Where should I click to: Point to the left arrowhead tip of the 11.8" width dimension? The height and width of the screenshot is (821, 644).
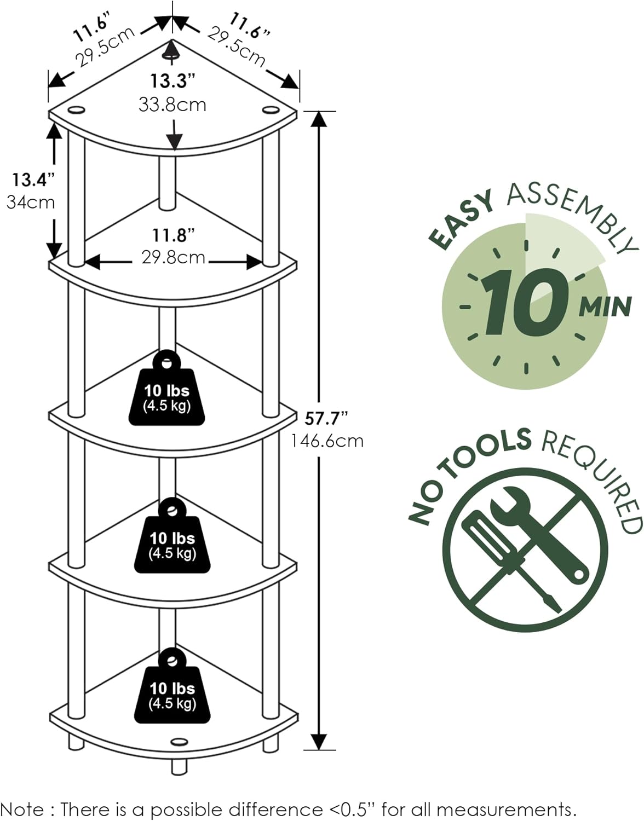pyautogui.click(x=85, y=262)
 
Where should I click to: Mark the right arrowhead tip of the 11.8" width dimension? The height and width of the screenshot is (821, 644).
pyautogui.click(x=262, y=262)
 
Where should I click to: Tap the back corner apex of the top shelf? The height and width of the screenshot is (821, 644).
pyautogui.click(x=173, y=39)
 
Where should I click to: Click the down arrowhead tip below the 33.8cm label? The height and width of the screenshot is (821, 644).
pyautogui.click(x=174, y=150)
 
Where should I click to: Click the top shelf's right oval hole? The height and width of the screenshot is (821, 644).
pyautogui.click(x=269, y=110)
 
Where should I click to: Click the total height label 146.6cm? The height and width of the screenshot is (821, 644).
pyautogui.click(x=327, y=441)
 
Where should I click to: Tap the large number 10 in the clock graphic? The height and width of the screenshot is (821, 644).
pyautogui.click(x=526, y=302)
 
